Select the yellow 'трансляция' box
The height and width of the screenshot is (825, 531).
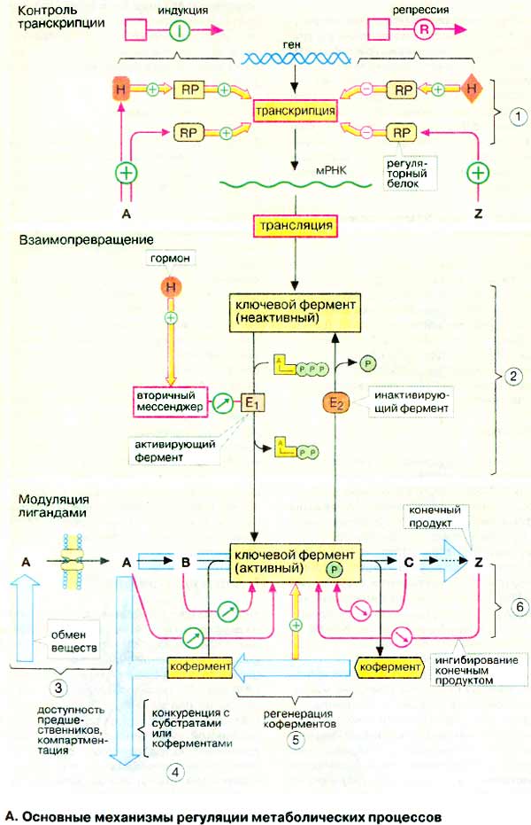click(x=295, y=226)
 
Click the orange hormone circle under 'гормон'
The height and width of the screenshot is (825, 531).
click(x=167, y=287)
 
